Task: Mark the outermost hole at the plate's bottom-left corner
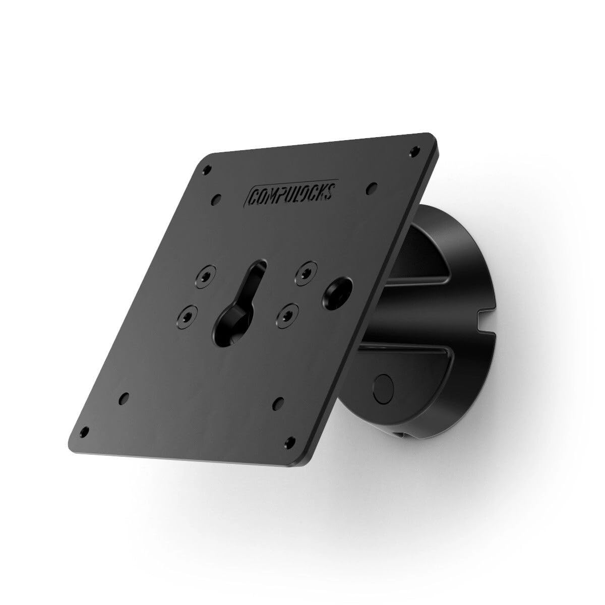[85, 431]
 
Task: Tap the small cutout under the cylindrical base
[401, 433]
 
